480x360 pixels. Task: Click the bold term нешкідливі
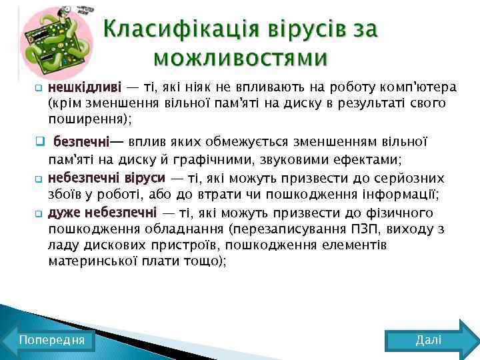84,87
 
